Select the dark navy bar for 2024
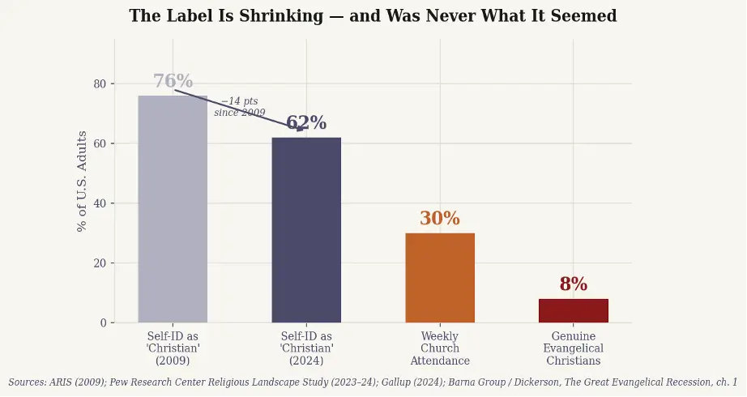[306, 230]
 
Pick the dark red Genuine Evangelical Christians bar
[574, 310]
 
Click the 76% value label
[173, 82]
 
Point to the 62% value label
[306, 123]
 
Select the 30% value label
[440, 219]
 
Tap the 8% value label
[574, 284]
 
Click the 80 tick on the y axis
[100, 84]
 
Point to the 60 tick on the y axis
[100, 144]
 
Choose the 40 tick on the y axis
[100, 203]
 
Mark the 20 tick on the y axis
[100, 263]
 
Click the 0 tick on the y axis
[103, 323]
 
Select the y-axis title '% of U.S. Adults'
[82, 181]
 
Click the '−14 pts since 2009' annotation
[239, 107]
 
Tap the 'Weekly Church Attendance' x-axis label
[440, 348]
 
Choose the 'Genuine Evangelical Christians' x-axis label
[574, 348]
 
